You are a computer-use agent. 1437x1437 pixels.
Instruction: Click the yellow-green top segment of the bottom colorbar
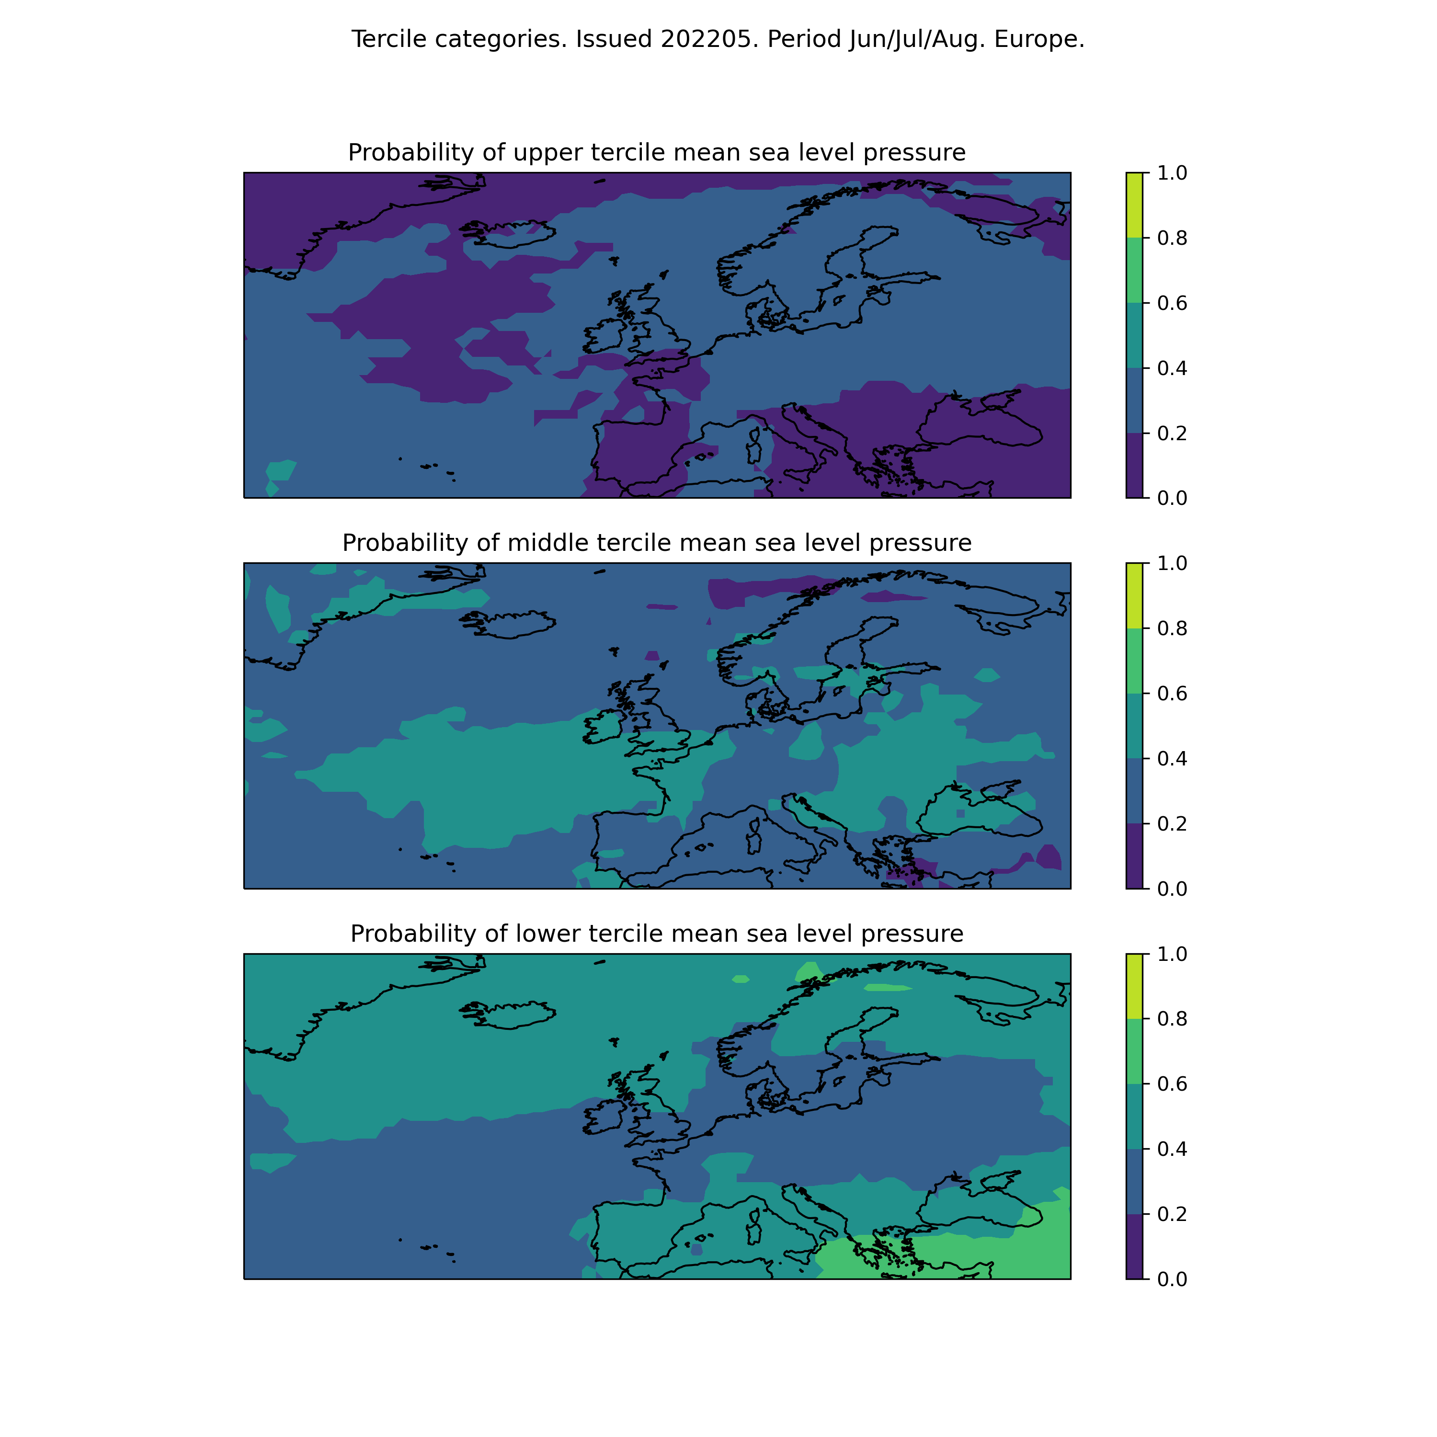(x=1134, y=986)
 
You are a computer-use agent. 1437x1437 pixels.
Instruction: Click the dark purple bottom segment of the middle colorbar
(x=1134, y=856)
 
